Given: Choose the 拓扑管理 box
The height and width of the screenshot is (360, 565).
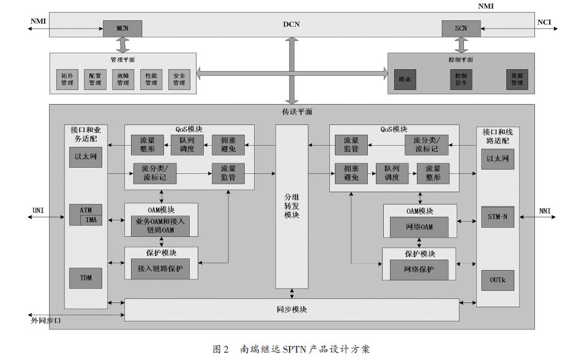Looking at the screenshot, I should tap(67, 79).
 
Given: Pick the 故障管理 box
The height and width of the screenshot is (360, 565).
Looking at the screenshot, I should tap(123, 79).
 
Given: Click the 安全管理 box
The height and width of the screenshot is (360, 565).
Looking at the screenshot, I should tap(179, 79).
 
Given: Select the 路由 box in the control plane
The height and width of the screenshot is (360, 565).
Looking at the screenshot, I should tap(405, 80).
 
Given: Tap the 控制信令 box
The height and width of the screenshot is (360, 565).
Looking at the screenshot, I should tap(460, 80).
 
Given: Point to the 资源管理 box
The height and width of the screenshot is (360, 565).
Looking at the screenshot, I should tap(517, 80).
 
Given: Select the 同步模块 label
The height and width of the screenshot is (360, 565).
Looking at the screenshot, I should tap(291, 310).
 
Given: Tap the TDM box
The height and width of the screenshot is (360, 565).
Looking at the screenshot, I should tap(86, 278).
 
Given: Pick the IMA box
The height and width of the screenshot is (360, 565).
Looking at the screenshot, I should tap(91, 219).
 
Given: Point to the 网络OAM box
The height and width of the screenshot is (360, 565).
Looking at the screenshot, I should tap(419, 227).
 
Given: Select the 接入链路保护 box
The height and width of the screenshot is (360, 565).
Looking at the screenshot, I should tap(160, 269).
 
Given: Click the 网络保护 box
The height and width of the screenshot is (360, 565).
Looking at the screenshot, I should tap(419, 269).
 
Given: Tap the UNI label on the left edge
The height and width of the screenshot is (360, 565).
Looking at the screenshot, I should tap(38, 211).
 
